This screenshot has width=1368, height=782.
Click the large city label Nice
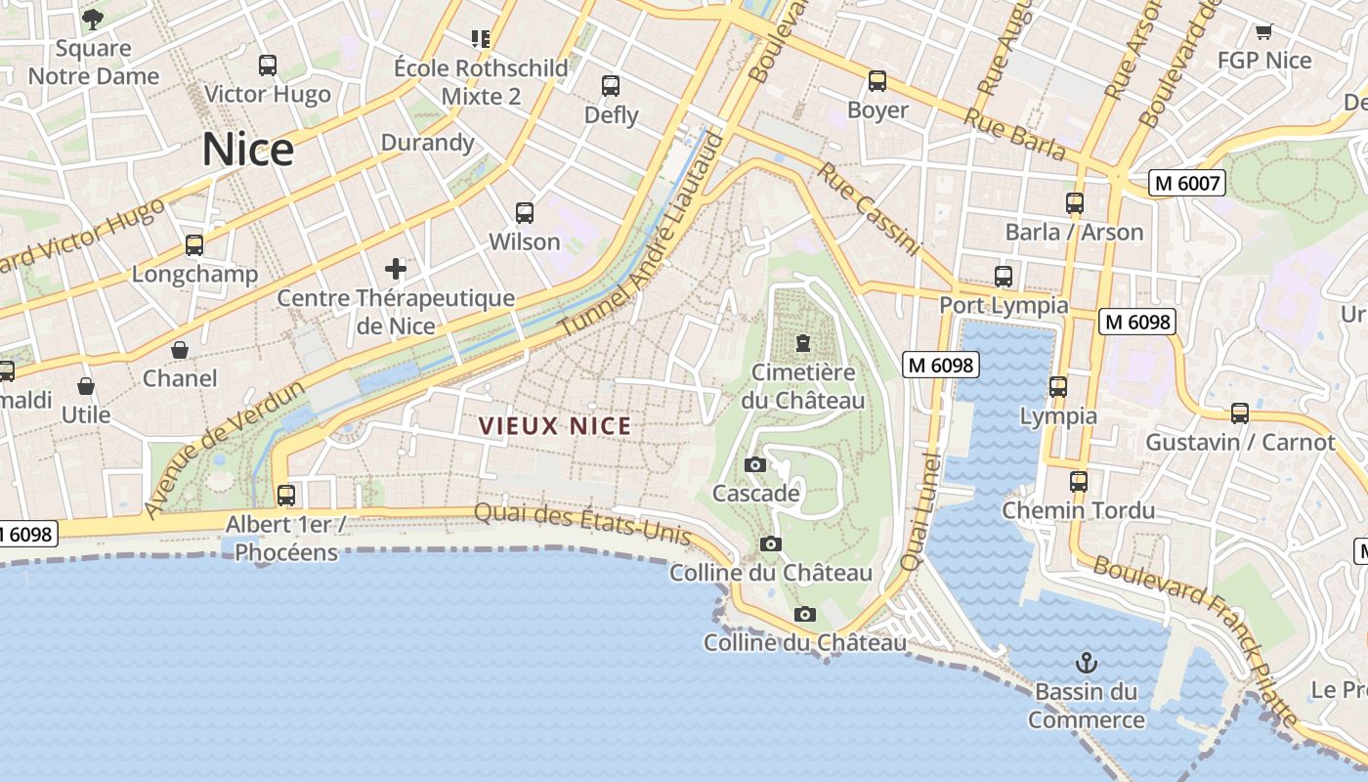coord(248,150)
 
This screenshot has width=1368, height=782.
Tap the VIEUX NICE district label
coord(555,426)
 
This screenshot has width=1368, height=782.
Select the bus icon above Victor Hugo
coord(268,65)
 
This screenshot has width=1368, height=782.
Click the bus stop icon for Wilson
coord(525,212)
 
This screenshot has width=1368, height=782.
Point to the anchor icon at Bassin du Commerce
coord(1086,664)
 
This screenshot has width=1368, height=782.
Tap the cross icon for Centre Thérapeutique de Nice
coord(396,268)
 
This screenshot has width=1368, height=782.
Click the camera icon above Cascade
coord(755,464)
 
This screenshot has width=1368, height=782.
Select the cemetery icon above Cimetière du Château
coord(803,342)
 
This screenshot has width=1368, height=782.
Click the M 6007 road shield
coord(1186,183)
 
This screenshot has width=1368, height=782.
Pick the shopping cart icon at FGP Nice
coord(1263,31)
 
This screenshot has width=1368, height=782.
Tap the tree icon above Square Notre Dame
coord(93,19)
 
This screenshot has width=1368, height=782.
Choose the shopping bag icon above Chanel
coord(180,350)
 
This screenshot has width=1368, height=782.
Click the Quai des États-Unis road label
coord(583,524)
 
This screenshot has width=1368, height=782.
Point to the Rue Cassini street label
coord(869,208)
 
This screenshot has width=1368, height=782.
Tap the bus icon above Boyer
coord(877,81)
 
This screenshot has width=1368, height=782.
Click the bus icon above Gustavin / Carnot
coord(1240,413)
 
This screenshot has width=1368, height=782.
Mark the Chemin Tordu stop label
coord(1079,510)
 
